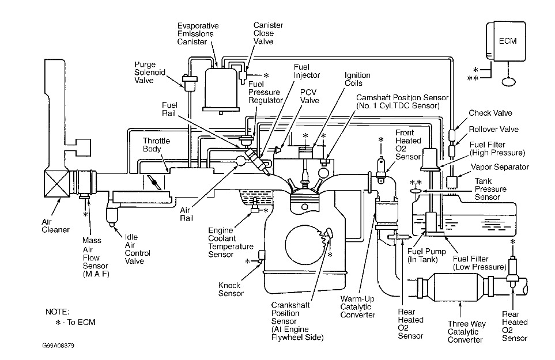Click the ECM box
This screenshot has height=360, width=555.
[x=506, y=41]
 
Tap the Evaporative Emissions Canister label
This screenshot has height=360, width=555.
[x=198, y=34]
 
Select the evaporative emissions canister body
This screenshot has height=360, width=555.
[x=221, y=90]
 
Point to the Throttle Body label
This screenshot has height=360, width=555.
[x=156, y=145]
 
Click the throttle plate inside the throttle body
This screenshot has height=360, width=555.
[x=154, y=182]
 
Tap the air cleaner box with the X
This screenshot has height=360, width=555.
[x=56, y=183]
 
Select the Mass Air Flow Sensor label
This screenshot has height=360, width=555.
[x=96, y=257]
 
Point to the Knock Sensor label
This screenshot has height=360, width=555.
[x=231, y=289]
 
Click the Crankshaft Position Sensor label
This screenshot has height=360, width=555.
[x=297, y=321]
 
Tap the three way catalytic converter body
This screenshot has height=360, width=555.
[x=459, y=286]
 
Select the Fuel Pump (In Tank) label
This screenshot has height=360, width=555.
[x=426, y=255]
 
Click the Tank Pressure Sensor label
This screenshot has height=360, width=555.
[x=490, y=189]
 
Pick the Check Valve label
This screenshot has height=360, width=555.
[x=490, y=113]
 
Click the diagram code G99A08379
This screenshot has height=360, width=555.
[x=58, y=346]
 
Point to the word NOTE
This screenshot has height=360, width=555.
[x=57, y=312]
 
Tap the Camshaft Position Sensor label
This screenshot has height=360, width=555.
[x=402, y=101]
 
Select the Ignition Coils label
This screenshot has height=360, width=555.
[x=357, y=79]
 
